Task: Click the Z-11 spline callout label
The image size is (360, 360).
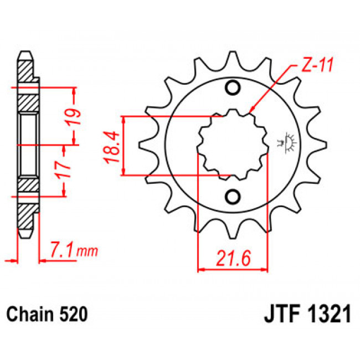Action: [317, 65]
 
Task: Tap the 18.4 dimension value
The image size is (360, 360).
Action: [112, 147]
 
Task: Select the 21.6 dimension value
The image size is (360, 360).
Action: [233, 259]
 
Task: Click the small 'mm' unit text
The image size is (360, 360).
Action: [88, 252]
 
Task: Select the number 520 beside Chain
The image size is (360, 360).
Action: [74, 314]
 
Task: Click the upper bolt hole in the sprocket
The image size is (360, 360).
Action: [233, 88]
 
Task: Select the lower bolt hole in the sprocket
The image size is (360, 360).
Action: [233, 197]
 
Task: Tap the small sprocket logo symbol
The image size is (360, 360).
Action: [287, 142]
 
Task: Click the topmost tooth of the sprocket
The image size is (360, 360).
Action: [233, 60]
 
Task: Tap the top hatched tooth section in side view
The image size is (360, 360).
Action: [25, 71]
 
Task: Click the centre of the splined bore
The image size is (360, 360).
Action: [233, 145]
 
